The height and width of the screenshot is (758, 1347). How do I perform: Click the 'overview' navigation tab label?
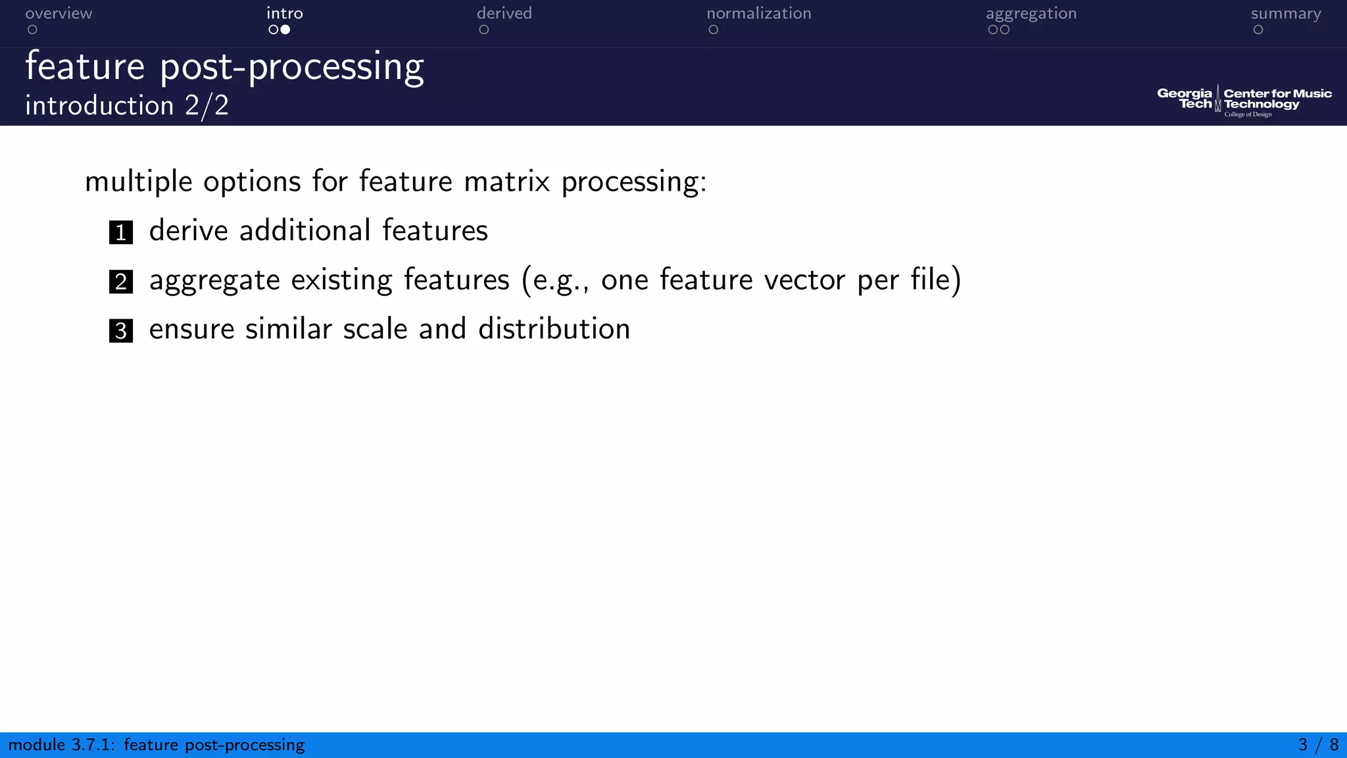pos(59,14)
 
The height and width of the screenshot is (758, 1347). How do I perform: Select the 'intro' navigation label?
pos(284,14)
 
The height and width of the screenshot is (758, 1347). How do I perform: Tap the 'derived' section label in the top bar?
pos(504,14)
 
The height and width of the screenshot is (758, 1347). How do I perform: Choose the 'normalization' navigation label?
pos(758,14)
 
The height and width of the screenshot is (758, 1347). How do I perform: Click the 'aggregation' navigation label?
pos(1031,14)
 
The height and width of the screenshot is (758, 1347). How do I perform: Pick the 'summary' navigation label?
pos(1285,14)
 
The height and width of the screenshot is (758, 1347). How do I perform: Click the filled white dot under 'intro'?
pos(285,30)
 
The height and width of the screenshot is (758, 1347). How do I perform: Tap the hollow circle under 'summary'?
pos(1258,30)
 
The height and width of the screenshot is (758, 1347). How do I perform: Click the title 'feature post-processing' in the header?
pos(224,67)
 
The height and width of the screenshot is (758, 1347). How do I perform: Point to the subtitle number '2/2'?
pos(207,106)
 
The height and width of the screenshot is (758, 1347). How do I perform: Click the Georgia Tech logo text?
pos(1185,99)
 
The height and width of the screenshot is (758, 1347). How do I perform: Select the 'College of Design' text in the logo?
pos(1248,114)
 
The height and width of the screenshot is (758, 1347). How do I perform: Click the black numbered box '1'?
pos(121,232)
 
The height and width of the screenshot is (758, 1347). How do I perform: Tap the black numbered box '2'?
pos(121,282)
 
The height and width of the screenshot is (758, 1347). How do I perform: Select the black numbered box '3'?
pos(121,331)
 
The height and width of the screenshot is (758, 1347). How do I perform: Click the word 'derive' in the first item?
pos(188,231)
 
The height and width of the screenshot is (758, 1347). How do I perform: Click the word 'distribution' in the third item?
pos(554,329)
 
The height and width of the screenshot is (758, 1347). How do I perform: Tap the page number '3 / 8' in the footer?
pos(1318,745)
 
